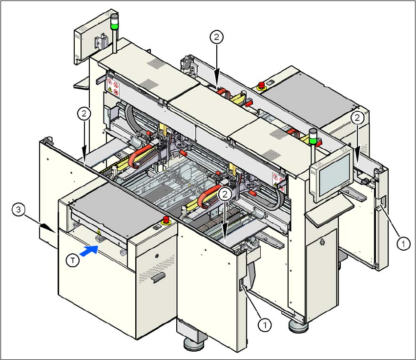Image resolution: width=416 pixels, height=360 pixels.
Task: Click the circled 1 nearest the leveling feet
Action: tap(264, 323)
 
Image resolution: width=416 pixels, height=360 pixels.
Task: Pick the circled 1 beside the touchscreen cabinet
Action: tap(402, 242)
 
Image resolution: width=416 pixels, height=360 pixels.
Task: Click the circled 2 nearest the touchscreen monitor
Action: tap(358, 118)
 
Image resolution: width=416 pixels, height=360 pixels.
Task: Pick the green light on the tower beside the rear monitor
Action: tap(114, 23)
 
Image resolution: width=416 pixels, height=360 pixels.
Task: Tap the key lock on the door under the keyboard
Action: tap(322, 242)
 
